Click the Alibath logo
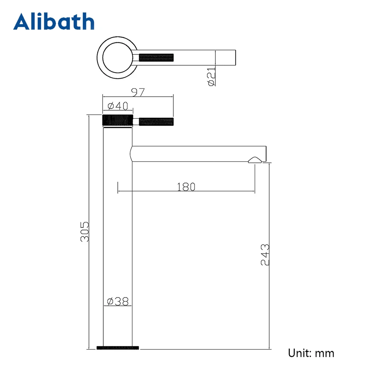(54, 21)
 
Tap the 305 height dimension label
(84, 232)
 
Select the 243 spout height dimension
(265, 255)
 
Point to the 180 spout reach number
(186, 187)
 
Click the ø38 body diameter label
(118, 302)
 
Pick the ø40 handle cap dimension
(118, 106)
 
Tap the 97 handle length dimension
(138, 92)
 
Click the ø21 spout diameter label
(211, 76)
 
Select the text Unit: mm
(311, 353)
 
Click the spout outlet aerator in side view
(255, 160)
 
